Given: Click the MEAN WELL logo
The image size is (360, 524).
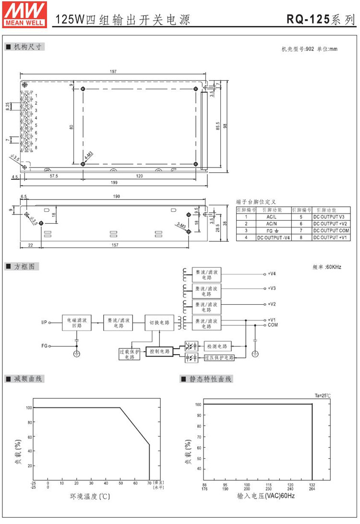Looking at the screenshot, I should (x=25, y=13).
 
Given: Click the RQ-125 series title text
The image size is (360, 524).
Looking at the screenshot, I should (x=321, y=19).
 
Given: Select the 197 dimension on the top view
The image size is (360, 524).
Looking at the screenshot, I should (x=113, y=72).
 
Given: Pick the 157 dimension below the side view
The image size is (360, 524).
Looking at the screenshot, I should (x=114, y=246).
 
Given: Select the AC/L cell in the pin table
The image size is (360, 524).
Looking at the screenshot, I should (x=270, y=217).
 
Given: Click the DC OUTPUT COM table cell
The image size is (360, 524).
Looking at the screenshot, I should (x=331, y=230).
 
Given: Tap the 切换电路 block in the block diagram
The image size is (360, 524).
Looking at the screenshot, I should (x=159, y=322).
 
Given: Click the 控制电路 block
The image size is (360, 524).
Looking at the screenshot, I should (x=159, y=352).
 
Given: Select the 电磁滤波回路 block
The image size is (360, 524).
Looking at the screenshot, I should (x=77, y=322).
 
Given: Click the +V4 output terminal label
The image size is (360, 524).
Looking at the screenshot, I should (x=272, y=274).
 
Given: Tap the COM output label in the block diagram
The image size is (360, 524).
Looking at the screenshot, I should (x=272, y=325).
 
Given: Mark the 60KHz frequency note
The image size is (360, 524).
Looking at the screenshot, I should (x=326, y=266).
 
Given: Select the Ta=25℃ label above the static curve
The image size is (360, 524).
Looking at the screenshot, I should (x=323, y=395).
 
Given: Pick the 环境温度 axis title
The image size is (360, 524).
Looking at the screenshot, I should (x=88, y=496).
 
